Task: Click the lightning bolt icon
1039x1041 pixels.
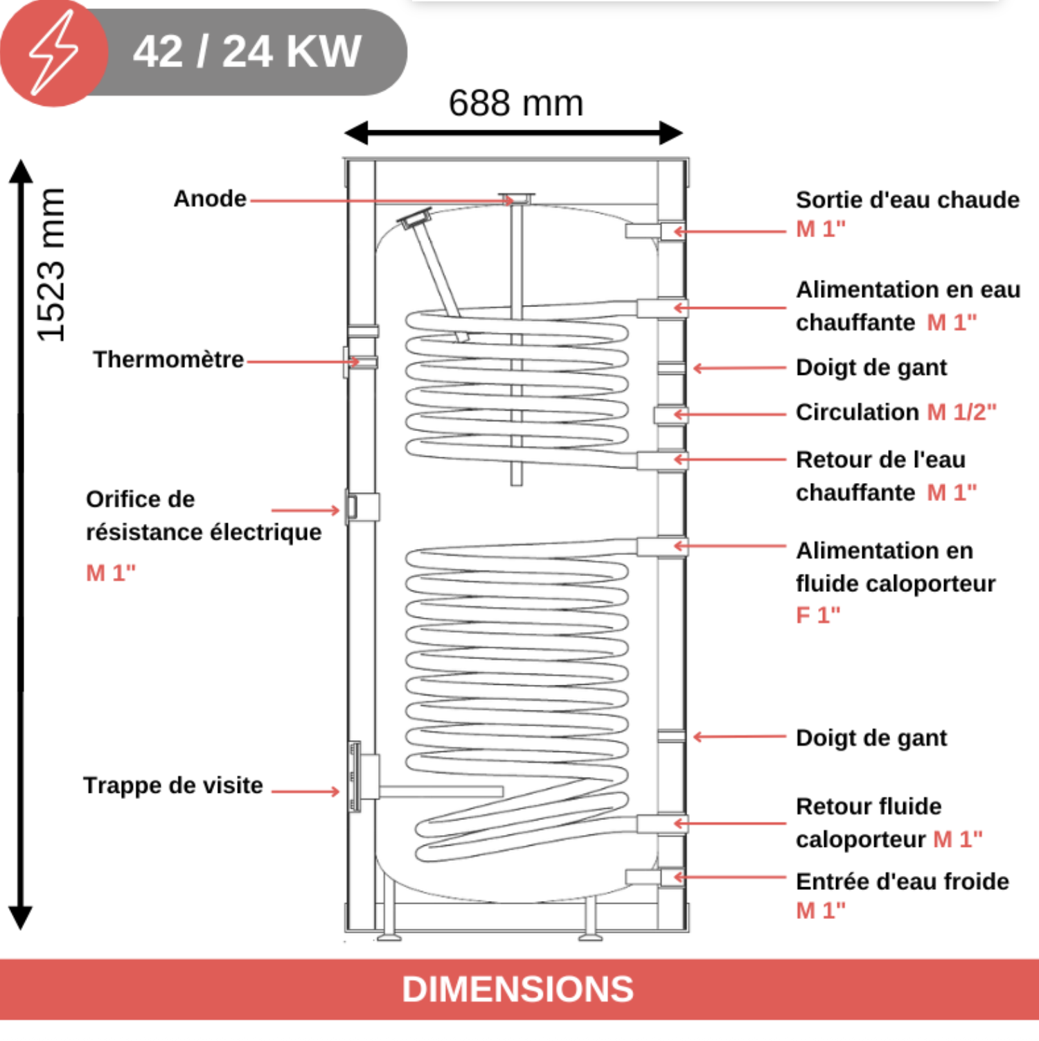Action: coord(53,53)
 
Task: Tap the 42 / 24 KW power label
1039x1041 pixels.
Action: coord(247,51)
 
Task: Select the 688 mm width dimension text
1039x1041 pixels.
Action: coord(516,103)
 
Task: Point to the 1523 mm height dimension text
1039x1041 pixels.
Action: coord(51,265)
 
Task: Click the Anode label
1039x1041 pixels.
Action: coord(210,199)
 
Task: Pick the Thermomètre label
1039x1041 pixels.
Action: coord(168,360)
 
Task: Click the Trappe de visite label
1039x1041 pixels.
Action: coord(173,785)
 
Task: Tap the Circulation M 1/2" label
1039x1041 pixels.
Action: coord(896,412)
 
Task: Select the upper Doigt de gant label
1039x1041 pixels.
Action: coord(871,368)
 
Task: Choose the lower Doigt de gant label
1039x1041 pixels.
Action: coord(871,739)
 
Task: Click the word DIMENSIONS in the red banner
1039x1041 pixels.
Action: coord(518,989)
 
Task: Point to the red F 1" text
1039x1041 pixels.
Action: coord(818,615)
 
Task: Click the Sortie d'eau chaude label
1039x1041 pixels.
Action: coord(907,200)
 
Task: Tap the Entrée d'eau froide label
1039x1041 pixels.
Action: coord(903,882)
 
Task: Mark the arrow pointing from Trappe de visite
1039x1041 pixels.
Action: coord(305,791)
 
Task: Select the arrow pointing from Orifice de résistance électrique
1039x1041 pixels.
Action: coord(305,510)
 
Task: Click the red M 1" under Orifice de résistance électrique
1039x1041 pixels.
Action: coord(111,573)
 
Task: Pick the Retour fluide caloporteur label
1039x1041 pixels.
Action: coord(889,823)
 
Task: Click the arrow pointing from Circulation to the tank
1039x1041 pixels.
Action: coord(730,414)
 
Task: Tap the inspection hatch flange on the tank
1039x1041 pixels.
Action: coord(355,776)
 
